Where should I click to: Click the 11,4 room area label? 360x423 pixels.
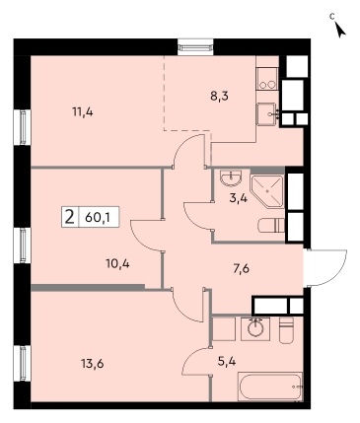pos(83,112)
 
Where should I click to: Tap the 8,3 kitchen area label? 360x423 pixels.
pos(219,97)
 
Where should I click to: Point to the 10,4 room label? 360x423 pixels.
pos(117,263)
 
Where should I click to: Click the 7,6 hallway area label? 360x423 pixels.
pos(241,269)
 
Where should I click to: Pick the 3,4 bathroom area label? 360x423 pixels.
pos(238,199)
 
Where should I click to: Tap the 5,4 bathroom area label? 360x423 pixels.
pos(227,362)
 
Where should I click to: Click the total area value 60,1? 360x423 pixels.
pos(97,217)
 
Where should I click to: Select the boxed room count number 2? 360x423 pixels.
pos(69,217)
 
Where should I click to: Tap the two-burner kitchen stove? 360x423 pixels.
pos(267,79)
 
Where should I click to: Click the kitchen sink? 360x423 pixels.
pos(267,113)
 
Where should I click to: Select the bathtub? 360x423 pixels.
pos(269,387)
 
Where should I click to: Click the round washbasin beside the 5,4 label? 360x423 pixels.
pos(255,329)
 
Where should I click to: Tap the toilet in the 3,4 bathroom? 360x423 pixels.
pos(271,225)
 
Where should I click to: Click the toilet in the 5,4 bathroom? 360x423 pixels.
pos(286,330)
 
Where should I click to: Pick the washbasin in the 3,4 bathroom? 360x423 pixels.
pos(232,177)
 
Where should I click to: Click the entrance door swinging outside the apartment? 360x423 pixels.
pos(324,268)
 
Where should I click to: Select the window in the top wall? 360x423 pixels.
pos(195,47)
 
